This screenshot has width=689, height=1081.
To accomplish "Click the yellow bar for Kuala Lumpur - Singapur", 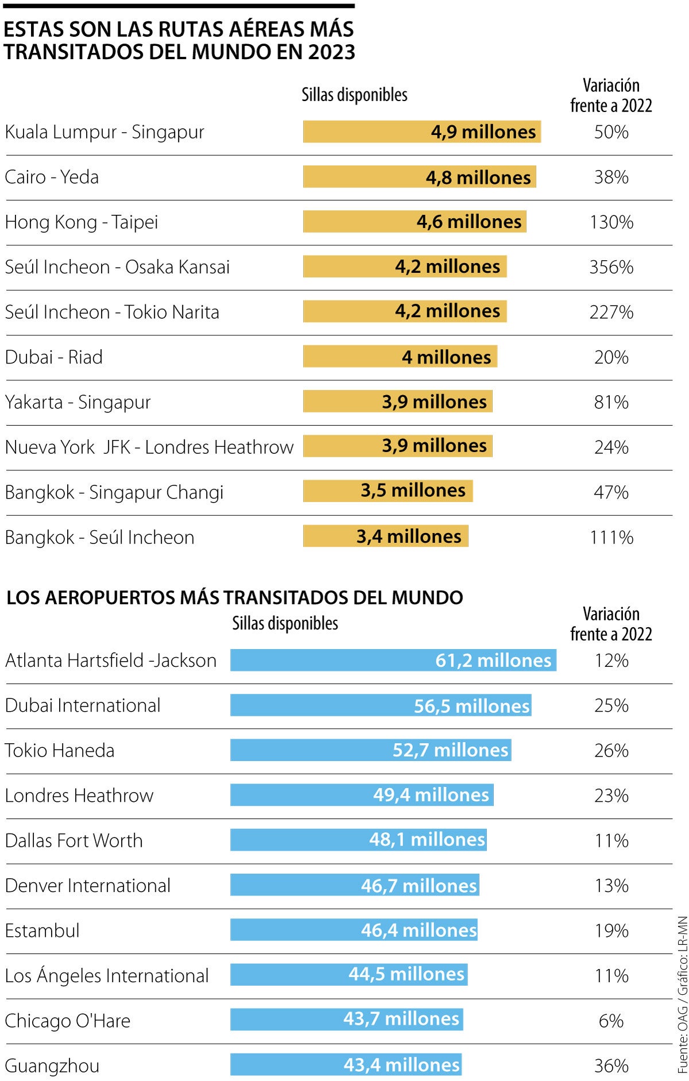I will pos(422,132).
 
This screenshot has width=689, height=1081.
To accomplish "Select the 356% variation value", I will pos(611,267).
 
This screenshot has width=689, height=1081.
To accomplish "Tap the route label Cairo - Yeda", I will pos(52,177).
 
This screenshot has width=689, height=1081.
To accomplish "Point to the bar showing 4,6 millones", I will pos(415,222).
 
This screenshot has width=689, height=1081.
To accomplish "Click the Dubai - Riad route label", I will pos(54,357).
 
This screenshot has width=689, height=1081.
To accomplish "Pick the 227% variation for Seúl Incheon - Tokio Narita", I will pos(611,312).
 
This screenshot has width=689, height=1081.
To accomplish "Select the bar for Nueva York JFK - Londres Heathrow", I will pos(397,446).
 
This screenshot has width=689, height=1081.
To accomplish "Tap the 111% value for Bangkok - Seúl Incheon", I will pos(611,538).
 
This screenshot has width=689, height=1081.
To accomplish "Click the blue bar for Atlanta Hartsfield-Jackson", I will pos(393,660).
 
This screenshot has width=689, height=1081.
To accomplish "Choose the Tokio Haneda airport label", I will pos(60,751).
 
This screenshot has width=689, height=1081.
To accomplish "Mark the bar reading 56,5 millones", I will pos(381,705).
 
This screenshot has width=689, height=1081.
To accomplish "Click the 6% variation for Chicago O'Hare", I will pos(611,1021).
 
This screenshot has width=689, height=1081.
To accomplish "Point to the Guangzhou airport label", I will pos(52,1066).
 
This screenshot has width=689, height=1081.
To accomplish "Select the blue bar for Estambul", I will pos(354,930).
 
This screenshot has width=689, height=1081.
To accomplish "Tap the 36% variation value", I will pos(611,1066).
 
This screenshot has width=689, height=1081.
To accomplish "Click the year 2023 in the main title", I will pos(331,52).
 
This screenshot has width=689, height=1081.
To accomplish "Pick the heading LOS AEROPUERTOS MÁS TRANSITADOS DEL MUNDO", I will pos(234,597).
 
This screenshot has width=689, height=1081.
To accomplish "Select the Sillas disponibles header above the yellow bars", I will pos(354,95).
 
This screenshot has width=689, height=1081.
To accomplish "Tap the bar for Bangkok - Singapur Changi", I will pos(388,491).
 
